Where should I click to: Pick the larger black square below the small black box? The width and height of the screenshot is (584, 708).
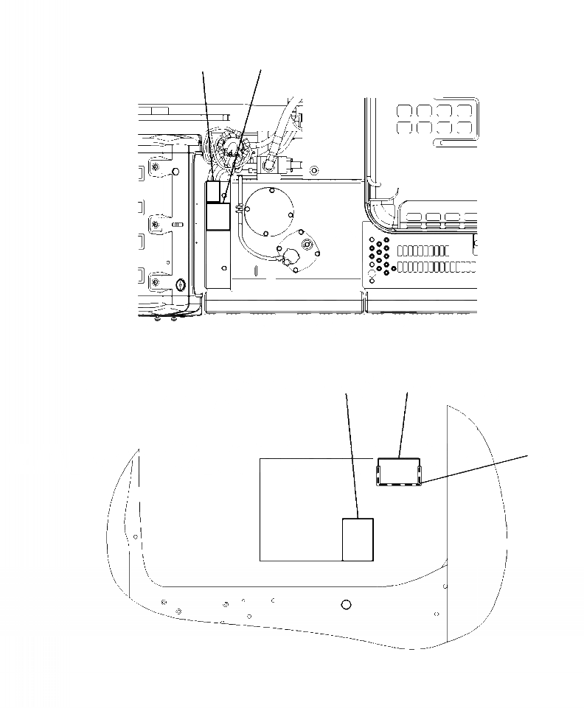(x=218, y=217)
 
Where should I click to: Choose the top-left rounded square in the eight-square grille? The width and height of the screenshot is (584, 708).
(x=405, y=111)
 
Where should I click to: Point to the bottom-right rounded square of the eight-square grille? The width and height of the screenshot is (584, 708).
(x=463, y=127)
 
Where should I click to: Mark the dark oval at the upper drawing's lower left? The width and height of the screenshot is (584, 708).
(x=181, y=281)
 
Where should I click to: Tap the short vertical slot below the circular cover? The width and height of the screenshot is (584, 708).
(x=255, y=272)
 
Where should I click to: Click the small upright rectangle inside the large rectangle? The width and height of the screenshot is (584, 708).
(x=358, y=539)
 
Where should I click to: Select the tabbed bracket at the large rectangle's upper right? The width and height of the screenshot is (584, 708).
(x=399, y=472)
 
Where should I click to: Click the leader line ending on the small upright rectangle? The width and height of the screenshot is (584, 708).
(x=352, y=457)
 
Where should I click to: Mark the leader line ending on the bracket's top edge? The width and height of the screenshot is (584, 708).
(x=403, y=424)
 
